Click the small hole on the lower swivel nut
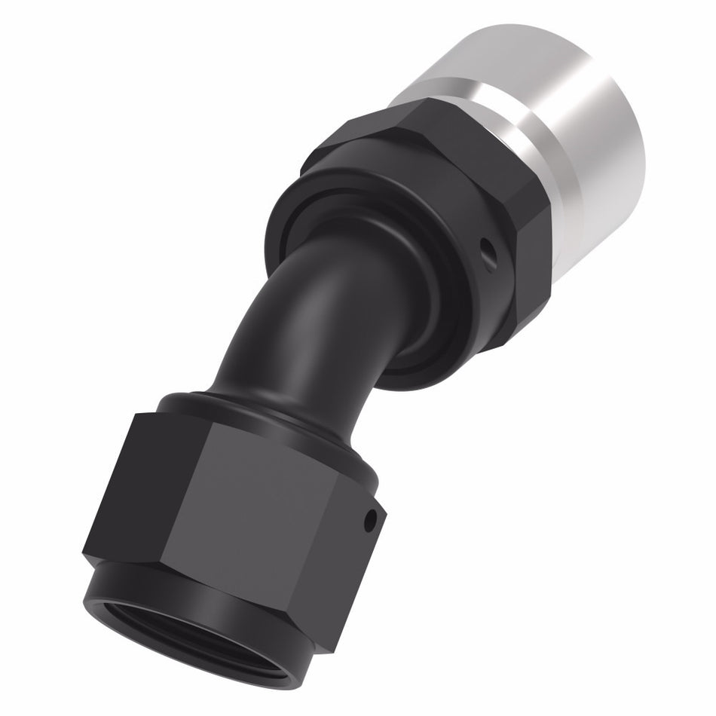369,520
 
